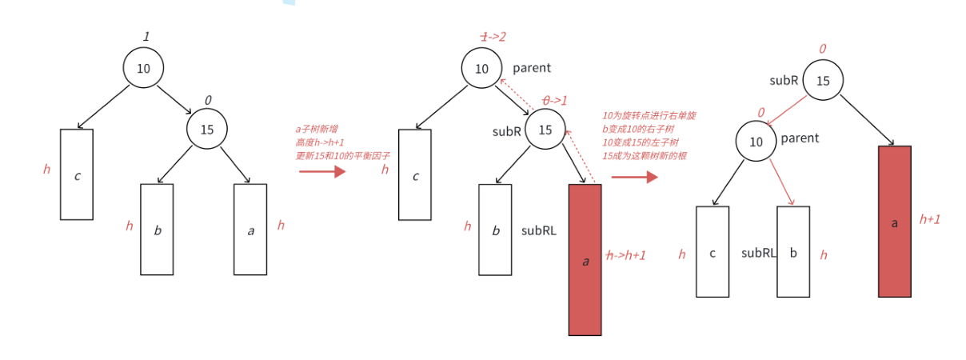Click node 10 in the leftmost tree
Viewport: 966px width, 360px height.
(x=143, y=68)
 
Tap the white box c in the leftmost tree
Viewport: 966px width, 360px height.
(x=77, y=174)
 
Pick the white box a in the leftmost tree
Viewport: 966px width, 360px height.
(x=250, y=230)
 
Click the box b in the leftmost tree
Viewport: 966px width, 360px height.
(x=157, y=230)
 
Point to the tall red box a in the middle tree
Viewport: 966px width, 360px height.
(x=585, y=260)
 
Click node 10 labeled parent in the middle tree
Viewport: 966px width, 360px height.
(x=481, y=68)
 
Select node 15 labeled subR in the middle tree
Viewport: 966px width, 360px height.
(x=545, y=130)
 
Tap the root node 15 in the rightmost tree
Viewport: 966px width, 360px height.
(x=822, y=80)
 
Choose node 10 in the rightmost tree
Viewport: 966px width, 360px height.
(x=756, y=142)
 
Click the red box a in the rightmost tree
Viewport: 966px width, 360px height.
(x=894, y=222)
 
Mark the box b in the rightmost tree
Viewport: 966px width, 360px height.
(x=792, y=252)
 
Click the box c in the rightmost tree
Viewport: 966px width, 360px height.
(x=712, y=252)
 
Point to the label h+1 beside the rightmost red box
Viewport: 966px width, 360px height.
(x=929, y=218)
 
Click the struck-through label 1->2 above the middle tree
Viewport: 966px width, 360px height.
(x=493, y=37)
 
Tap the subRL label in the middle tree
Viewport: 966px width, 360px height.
(x=539, y=230)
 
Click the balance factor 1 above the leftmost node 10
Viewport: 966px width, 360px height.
(x=146, y=36)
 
